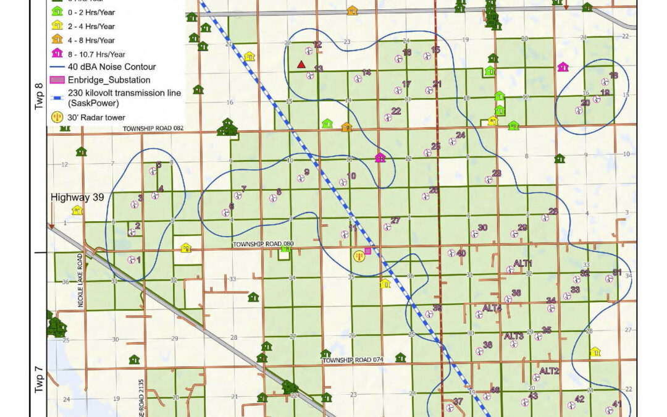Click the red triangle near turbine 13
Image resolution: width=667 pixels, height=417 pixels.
[x=301, y=64]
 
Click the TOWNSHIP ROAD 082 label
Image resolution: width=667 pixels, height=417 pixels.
[x=153, y=128]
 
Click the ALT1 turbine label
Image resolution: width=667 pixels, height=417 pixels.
[x=522, y=264]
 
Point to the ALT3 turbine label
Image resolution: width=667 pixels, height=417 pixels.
[x=514, y=336]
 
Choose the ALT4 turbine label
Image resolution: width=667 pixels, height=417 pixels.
[x=492, y=308]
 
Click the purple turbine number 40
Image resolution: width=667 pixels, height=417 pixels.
[x=461, y=253]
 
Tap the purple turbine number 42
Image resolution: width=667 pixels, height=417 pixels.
[x=579, y=398]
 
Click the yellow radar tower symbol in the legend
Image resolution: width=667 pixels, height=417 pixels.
[x=57, y=116]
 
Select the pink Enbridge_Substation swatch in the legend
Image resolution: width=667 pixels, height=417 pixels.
[x=57, y=80]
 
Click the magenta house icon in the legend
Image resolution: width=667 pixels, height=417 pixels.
[x=57, y=53]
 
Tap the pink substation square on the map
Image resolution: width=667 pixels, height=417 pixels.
[x=367, y=251]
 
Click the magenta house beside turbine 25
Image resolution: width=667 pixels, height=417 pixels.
[x=380, y=158]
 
